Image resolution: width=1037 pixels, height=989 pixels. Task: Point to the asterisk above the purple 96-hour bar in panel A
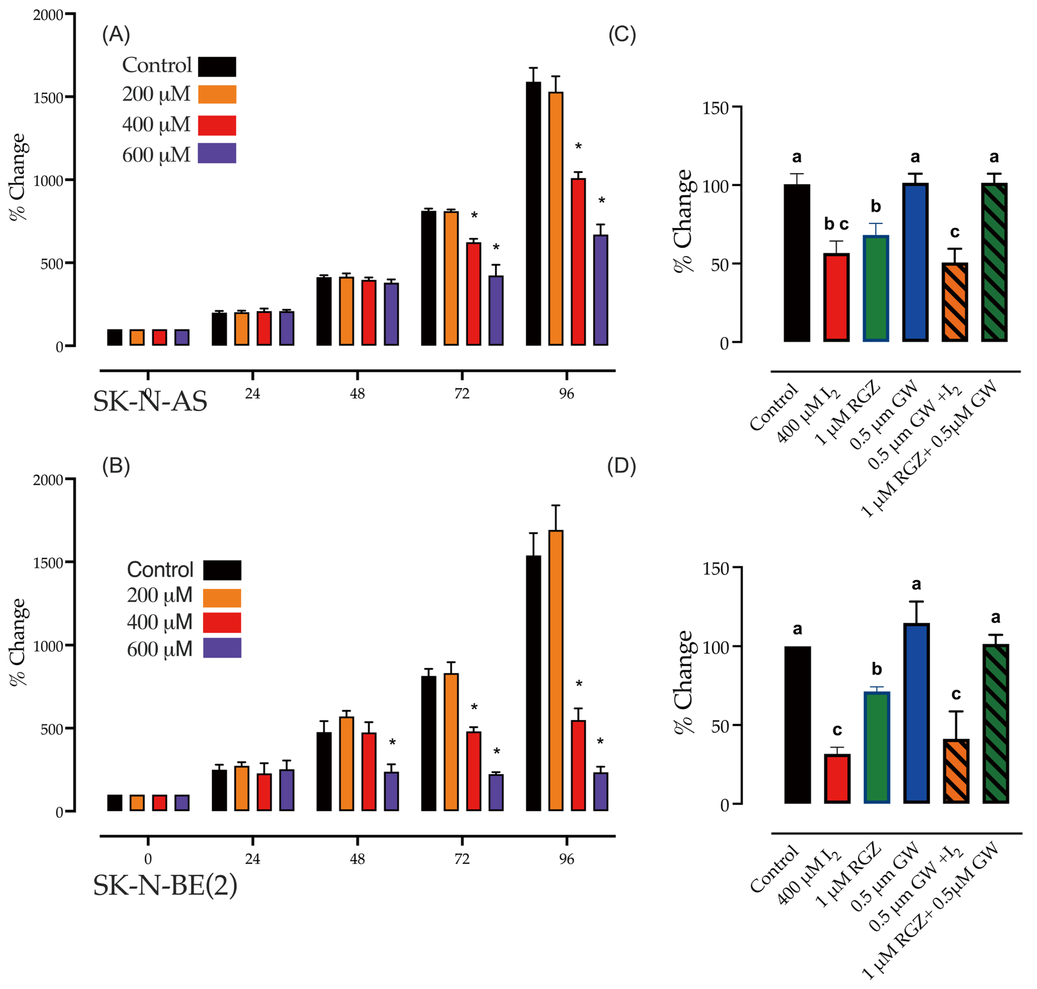coord(601,201)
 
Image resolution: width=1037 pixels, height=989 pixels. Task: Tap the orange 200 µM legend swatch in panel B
coord(222,598)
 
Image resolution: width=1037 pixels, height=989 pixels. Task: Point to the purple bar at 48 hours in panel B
coord(391,791)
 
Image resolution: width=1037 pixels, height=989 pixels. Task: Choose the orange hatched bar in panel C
coord(955,302)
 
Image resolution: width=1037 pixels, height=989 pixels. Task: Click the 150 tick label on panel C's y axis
coord(715,108)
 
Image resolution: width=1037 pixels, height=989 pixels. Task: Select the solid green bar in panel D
coord(877,748)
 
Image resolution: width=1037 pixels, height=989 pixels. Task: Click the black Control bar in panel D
coord(797,725)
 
